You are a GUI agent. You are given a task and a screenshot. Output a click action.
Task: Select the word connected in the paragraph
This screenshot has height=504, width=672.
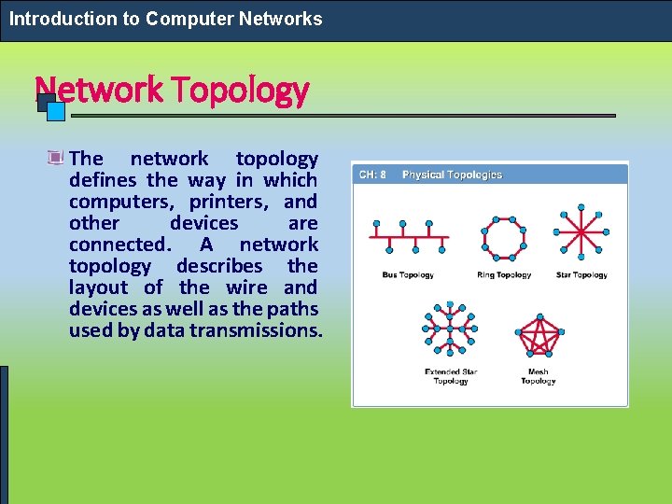(x=119, y=245)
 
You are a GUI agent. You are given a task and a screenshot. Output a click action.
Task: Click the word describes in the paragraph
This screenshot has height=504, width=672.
(x=220, y=266)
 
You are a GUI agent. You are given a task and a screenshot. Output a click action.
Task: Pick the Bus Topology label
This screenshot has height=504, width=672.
(x=408, y=275)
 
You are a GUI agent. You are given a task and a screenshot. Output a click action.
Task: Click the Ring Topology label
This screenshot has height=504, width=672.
(x=504, y=275)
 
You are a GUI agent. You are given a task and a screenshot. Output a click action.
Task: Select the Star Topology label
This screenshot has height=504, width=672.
(x=581, y=275)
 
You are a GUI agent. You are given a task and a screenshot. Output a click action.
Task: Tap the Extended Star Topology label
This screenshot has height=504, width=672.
(x=451, y=377)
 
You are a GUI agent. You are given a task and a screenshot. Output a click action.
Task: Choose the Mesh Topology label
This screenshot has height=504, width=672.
(x=539, y=377)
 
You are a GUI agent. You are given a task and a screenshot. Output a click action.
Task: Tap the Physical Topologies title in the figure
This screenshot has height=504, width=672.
(x=452, y=175)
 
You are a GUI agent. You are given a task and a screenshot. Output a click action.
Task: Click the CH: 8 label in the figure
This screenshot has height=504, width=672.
(x=373, y=175)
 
